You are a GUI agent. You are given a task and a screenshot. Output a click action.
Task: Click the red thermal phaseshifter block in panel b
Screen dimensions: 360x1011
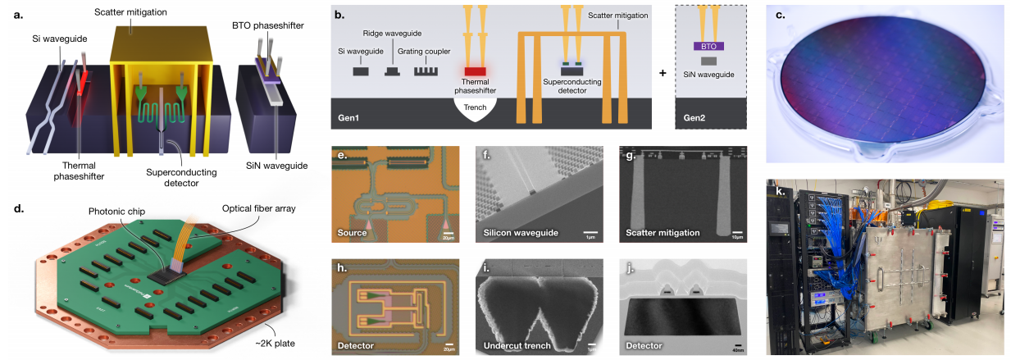point(476,72)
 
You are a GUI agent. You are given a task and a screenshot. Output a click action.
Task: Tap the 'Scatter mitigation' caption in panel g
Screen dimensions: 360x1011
point(663,233)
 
